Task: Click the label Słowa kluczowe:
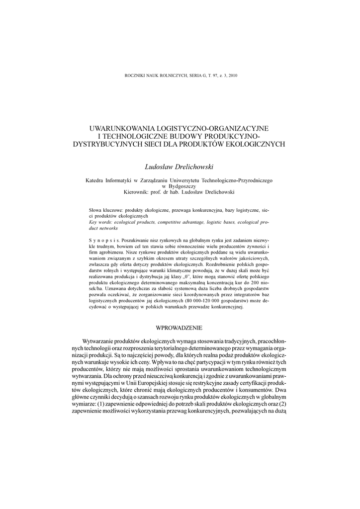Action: tap(106, 211)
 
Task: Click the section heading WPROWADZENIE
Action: tap(180, 327)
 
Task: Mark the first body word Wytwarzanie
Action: tap(102, 341)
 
